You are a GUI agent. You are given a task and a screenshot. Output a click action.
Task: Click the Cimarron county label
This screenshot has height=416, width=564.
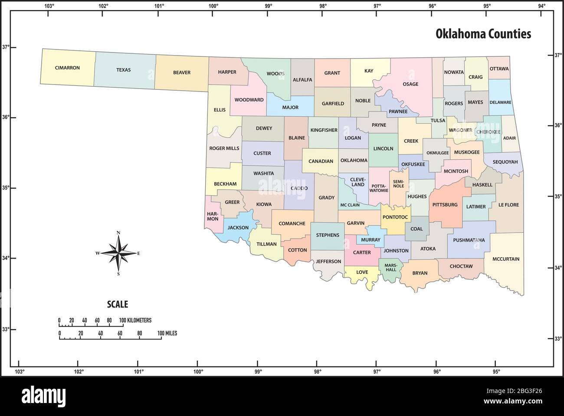point(67,68)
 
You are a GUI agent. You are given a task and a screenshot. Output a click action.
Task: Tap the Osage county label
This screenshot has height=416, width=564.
point(410,84)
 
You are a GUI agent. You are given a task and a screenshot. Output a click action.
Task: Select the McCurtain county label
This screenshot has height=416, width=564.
point(505,259)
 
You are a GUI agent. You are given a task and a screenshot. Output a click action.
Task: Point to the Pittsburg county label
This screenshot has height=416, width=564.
point(445,204)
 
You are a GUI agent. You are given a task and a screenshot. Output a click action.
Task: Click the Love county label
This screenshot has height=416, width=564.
point(362,272)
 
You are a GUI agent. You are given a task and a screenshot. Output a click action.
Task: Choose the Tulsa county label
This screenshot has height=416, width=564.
point(438,120)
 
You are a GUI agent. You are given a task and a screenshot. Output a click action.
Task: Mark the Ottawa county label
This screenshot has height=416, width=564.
point(499,69)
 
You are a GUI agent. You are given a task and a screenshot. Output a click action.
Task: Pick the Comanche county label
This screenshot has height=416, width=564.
point(292,223)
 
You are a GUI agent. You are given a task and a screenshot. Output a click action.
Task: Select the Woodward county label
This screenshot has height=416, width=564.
point(249,99)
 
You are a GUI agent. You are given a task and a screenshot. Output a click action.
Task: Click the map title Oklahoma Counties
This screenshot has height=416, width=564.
point(483,34)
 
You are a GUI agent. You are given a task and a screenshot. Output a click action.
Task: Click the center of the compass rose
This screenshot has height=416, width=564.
point(118,253)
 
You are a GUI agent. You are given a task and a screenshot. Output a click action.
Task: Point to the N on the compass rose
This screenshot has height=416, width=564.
point(118,233)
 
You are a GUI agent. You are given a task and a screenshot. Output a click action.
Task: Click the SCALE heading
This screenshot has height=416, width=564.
point(118,305)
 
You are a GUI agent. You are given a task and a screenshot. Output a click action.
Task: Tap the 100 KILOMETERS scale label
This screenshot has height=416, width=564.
point(135,320)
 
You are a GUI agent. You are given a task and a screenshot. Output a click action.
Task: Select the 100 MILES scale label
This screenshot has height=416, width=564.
point(167,333)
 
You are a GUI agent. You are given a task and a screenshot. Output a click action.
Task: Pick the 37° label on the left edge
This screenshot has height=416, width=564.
point(6,47)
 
